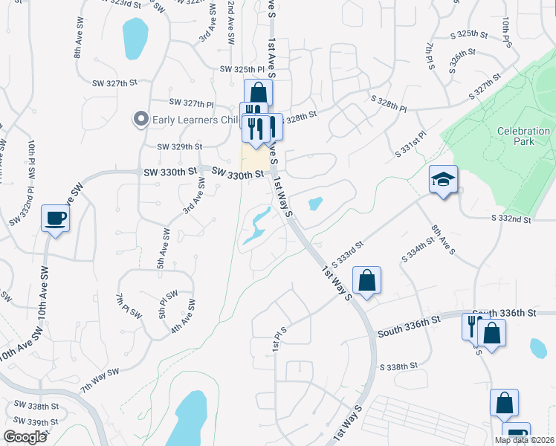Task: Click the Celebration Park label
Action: coord(524,136)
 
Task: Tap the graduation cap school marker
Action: coord(443,179)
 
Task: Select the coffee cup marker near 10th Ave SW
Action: coord(56,219)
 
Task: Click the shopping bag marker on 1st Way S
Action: coord(367,281)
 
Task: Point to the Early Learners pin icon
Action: coord(139,119)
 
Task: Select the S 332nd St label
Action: coord(511,219)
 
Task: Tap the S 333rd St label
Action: coord(347,254)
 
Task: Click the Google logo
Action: coord(25,437)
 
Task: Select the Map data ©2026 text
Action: coord(524,440)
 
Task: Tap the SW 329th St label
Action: coord(179,147)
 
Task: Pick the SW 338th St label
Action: coord(36,406)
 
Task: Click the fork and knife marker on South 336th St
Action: coord(473,325)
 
